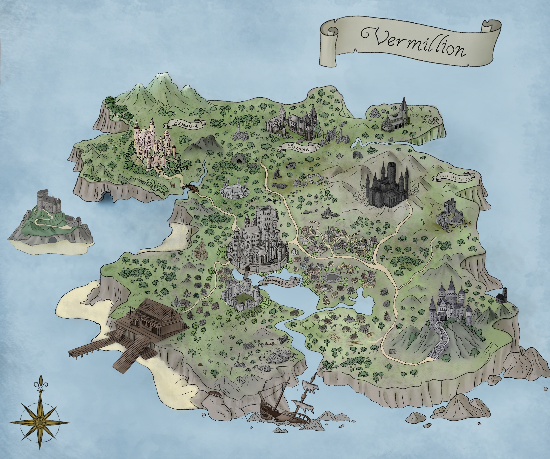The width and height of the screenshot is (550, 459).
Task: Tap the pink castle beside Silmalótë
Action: (x=152, y=146)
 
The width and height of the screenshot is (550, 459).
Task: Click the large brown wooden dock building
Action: (x=152, y=319)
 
